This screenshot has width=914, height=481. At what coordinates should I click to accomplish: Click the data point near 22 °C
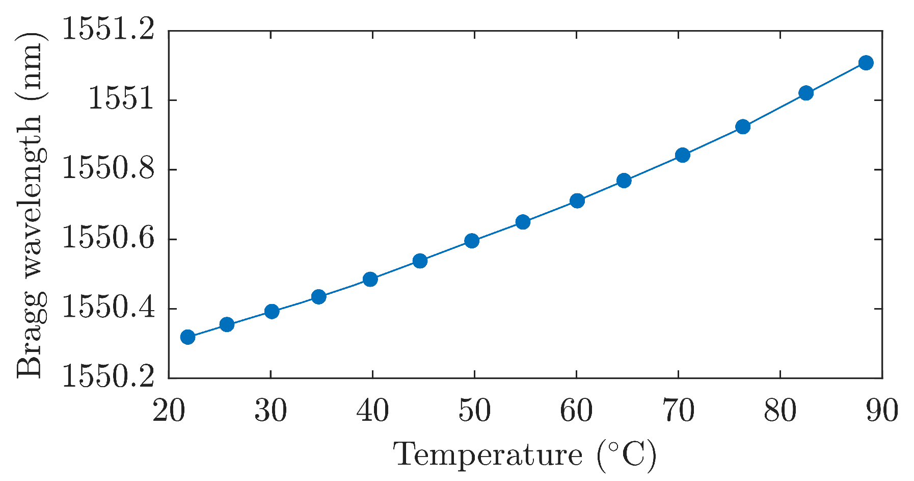187,337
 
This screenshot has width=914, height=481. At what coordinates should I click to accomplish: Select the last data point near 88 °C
866,63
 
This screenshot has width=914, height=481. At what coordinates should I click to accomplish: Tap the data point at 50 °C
472,241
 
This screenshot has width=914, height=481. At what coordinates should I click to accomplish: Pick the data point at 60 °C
577,200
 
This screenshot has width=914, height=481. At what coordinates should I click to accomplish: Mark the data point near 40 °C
370,279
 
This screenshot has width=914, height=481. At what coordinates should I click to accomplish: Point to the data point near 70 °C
683,155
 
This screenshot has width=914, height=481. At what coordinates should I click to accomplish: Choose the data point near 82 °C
806,93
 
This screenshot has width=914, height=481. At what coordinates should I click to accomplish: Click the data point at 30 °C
272,311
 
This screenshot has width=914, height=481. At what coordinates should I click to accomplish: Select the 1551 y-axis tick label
121,100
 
